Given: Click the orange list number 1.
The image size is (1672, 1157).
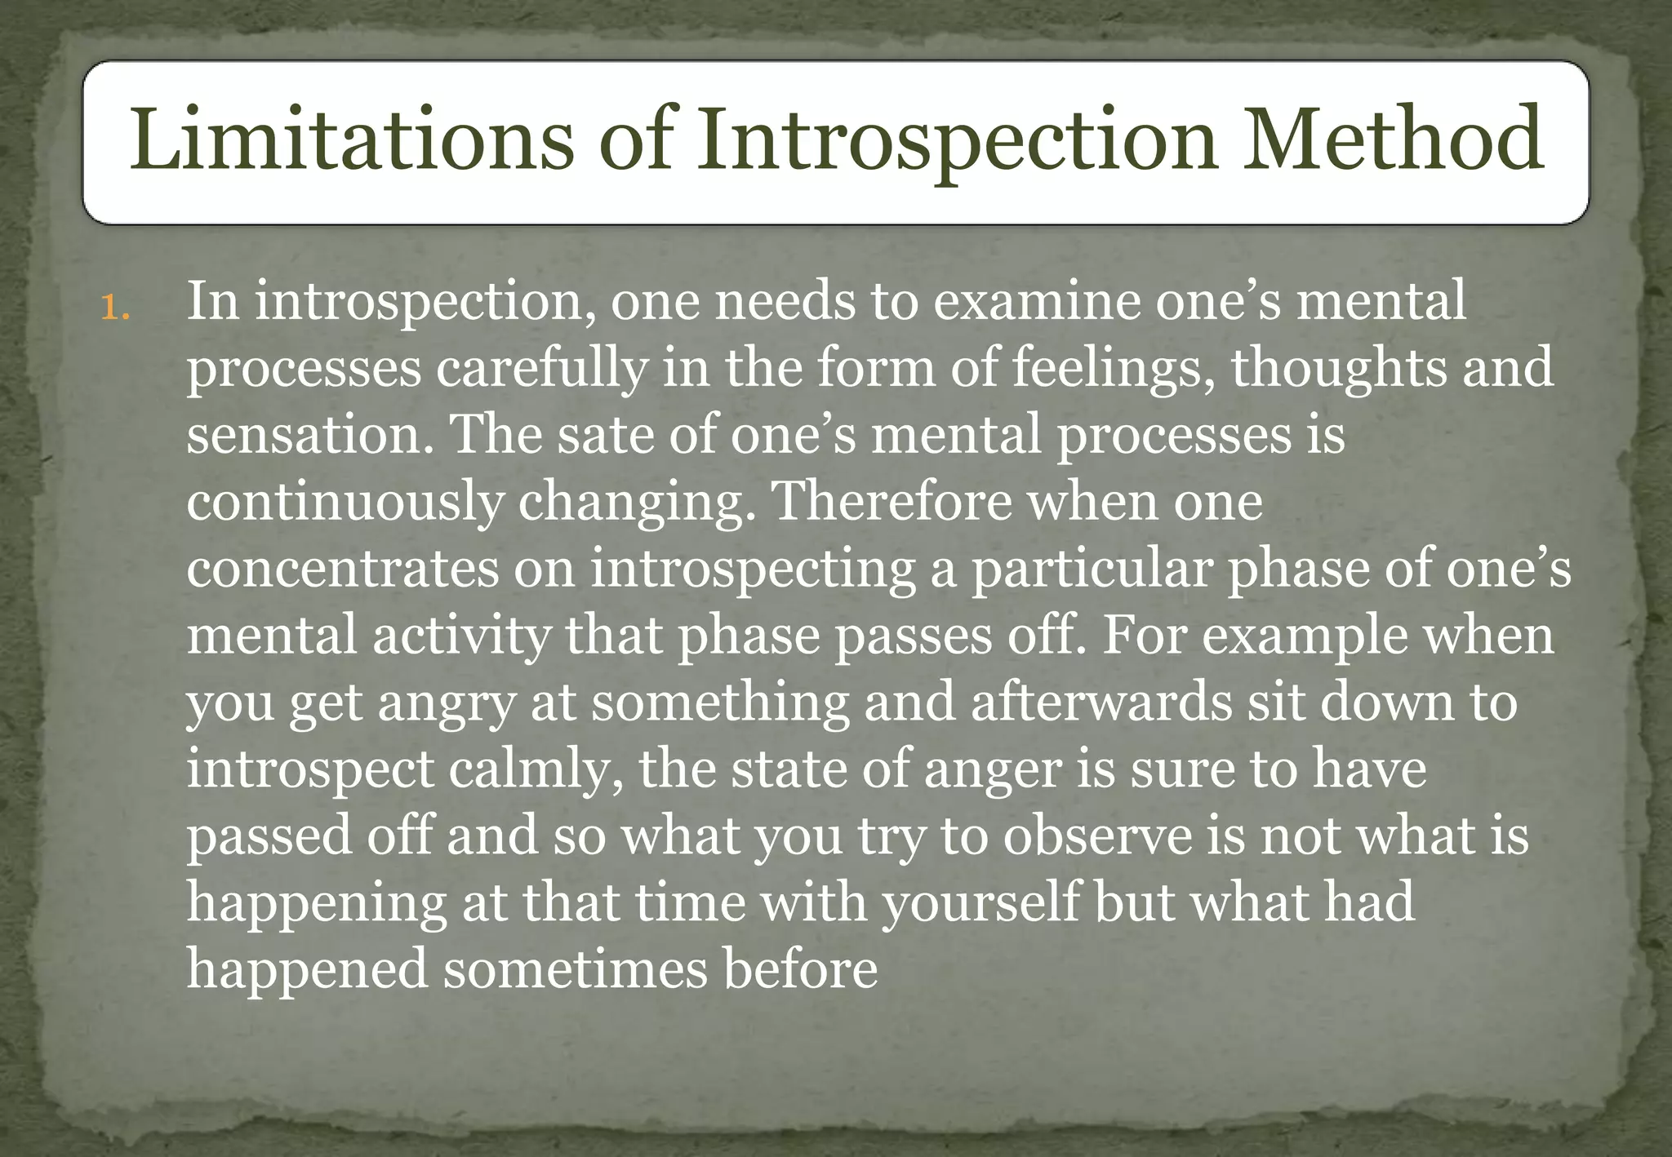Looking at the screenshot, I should coord(114,308).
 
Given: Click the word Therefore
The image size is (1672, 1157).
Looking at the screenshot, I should coord(891,501).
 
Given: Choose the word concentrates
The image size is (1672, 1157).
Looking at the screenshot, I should coord(342,569).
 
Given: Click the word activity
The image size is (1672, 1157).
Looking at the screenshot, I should coord(462,636).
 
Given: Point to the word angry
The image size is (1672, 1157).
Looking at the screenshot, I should coord(446,704).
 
